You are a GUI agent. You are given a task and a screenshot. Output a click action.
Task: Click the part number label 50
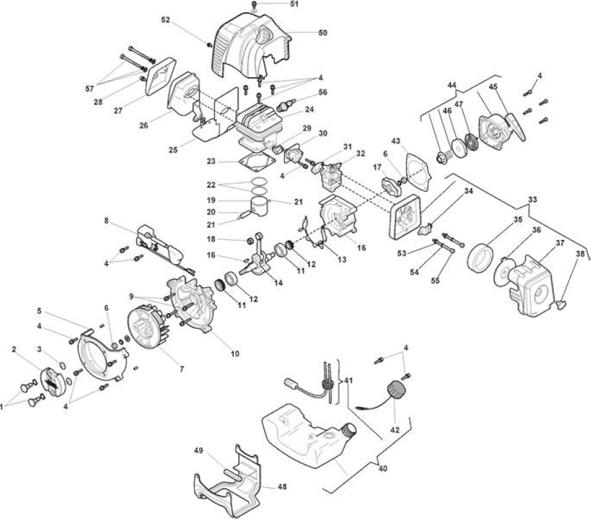tap(322, 33)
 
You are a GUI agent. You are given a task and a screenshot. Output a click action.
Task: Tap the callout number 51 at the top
tap(294, 4)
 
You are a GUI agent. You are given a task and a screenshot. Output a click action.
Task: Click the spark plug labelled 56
tap(286, 105)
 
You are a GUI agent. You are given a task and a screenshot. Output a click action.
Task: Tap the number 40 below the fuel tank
tap(383, 468)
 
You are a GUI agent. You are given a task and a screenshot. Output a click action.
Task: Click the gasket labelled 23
tap(257, 160)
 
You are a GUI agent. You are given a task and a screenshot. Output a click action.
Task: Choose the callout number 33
tap(532, 200)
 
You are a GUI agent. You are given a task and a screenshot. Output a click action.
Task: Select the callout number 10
tap(235, 354)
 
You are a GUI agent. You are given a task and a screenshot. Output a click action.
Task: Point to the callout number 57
tap(90, 89)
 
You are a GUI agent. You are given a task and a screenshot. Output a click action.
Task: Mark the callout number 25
tap(173, 150)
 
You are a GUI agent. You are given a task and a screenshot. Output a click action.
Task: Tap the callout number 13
tap(342, 259)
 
